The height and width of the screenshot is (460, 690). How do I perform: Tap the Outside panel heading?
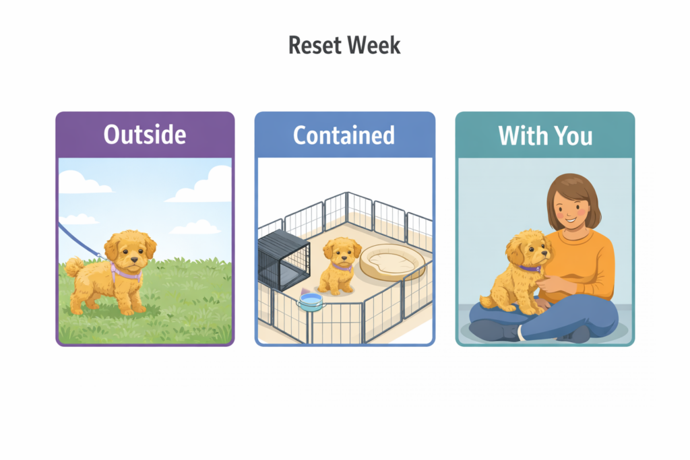pyautogui.click(x=144, y=135)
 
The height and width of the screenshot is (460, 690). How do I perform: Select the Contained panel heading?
pyautogui.click(x=344, y=135)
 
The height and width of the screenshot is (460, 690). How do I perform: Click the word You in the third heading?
pyautogui.click(x=571, y=135)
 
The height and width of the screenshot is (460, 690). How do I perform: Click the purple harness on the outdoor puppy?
pyautogui.click(x=125, y=273)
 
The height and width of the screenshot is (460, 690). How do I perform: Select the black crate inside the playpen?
pyautogui.click(x=282, y=259)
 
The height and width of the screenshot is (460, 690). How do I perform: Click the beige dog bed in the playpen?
pyautogui.click(x=388, y=263)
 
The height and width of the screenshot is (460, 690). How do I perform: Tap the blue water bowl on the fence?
pyautogui.click(x=311, y=302)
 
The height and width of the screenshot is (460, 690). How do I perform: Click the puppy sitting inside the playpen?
pyautogui.click(x=337, y=265)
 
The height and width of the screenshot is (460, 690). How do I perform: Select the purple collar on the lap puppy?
pyautogui.click(x=529, y=268)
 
